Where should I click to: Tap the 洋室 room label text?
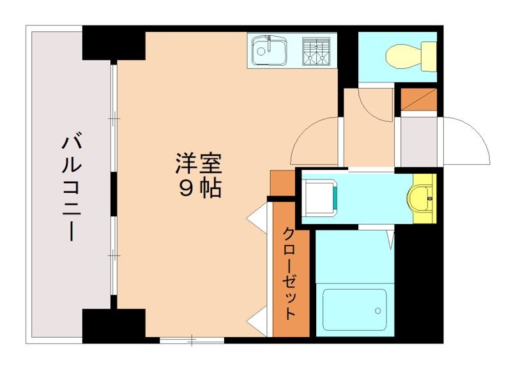tap(199, 164)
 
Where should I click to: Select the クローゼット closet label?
tap(289, 273)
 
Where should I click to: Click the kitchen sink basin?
tap(269, 50)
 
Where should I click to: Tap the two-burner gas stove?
tap(316, 51)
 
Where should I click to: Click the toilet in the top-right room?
tap(411, 56)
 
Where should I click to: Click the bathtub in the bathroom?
tap(355, 310)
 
